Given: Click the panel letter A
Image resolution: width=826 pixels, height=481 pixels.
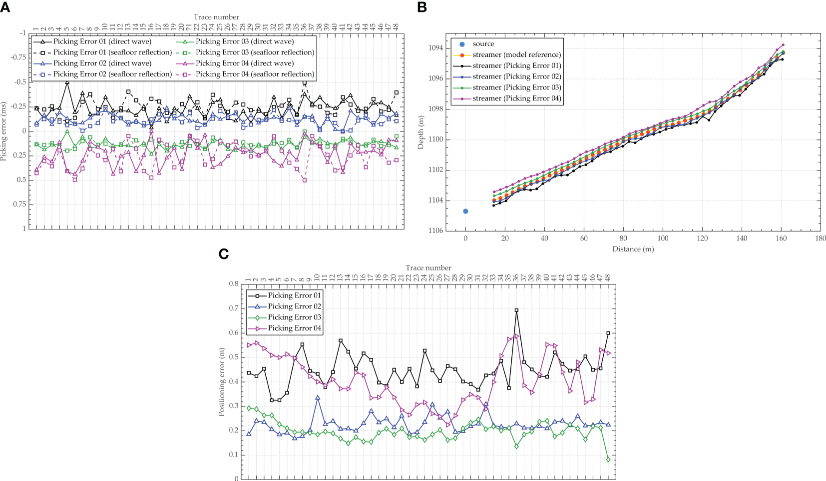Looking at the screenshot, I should click(5, 6).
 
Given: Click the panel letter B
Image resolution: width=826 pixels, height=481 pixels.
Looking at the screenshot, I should click(422, 6).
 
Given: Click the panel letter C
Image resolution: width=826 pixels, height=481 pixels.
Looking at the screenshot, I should click(224, 254).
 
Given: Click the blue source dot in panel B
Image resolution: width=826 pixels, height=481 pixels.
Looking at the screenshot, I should click(465, 211).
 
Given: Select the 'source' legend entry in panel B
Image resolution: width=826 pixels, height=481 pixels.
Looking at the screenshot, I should click(483, 44).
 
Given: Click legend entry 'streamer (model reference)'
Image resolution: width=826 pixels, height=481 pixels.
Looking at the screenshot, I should click(516, 55).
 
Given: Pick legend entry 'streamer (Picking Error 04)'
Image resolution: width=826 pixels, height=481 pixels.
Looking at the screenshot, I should click(516, 98).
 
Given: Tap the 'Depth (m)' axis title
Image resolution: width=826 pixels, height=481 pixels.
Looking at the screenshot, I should click(421, 131).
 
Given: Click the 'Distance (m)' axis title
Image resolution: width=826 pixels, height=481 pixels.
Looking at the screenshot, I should click(633, 249).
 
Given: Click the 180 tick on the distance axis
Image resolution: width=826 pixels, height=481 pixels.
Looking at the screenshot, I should click(821, 238).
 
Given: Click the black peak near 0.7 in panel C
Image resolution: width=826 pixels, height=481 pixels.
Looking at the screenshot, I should click(516, 310).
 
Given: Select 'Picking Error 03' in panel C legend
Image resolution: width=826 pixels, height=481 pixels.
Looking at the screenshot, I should click(294, 317).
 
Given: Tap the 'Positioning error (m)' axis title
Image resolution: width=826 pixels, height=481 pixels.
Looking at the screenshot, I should click(222, 382).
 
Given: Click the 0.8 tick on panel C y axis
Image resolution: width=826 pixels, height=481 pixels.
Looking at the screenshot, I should click(234, 284).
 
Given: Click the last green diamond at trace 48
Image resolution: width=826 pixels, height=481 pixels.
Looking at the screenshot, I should click(608, 459).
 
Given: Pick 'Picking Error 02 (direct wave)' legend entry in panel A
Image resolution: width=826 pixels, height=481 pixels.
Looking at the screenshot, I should click(102, 63).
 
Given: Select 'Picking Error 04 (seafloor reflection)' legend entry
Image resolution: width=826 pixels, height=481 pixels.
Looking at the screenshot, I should click(255, 74).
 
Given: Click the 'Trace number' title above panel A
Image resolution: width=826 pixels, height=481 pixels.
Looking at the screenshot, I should click(216, 17).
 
